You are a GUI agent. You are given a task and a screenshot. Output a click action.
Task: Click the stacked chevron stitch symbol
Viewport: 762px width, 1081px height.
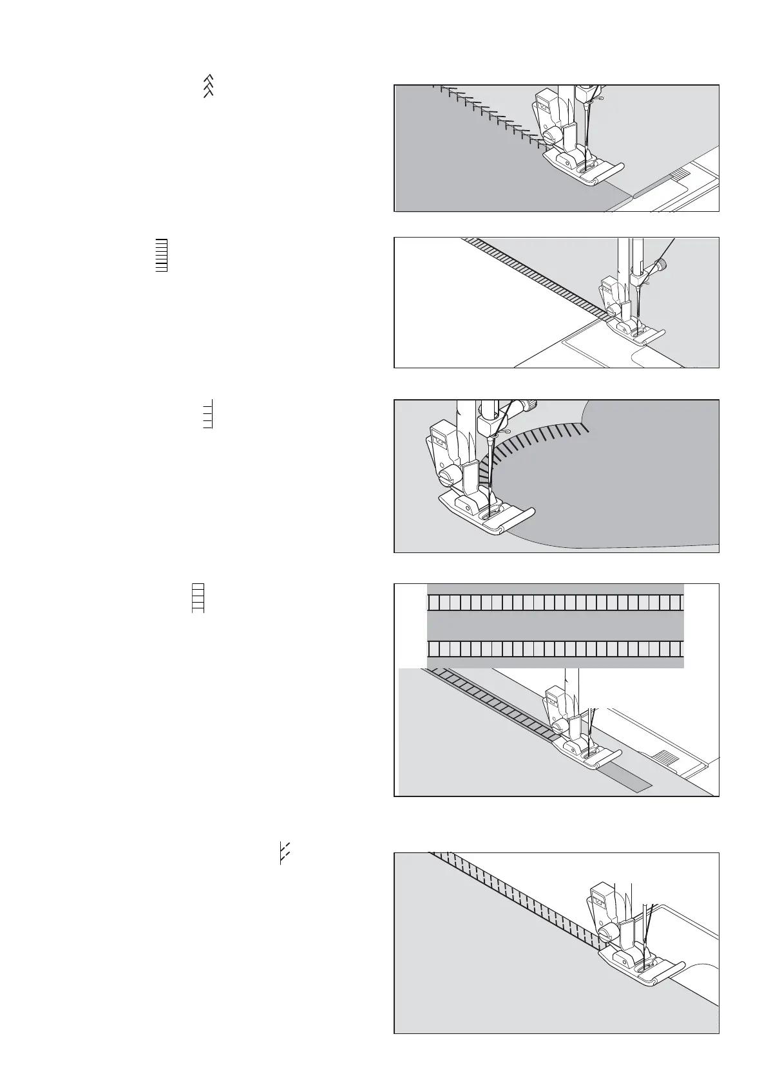(208, 86)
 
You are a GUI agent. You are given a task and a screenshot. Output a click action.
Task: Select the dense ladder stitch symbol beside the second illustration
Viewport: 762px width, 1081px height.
(162, 256)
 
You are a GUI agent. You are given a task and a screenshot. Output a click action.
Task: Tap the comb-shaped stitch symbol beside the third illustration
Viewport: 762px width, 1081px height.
(207, 414)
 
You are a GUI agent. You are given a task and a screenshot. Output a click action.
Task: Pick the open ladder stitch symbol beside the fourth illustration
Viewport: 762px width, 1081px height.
(198, 598)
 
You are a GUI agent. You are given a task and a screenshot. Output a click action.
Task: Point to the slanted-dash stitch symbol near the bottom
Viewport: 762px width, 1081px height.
(283, 852)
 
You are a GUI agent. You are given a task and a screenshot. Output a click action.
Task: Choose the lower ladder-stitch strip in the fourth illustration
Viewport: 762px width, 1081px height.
(555, 648)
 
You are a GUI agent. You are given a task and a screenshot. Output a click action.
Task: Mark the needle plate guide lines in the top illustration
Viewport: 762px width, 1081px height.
(684, 174)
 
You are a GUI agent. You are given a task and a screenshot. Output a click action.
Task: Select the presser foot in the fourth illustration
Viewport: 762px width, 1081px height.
(583, 751)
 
